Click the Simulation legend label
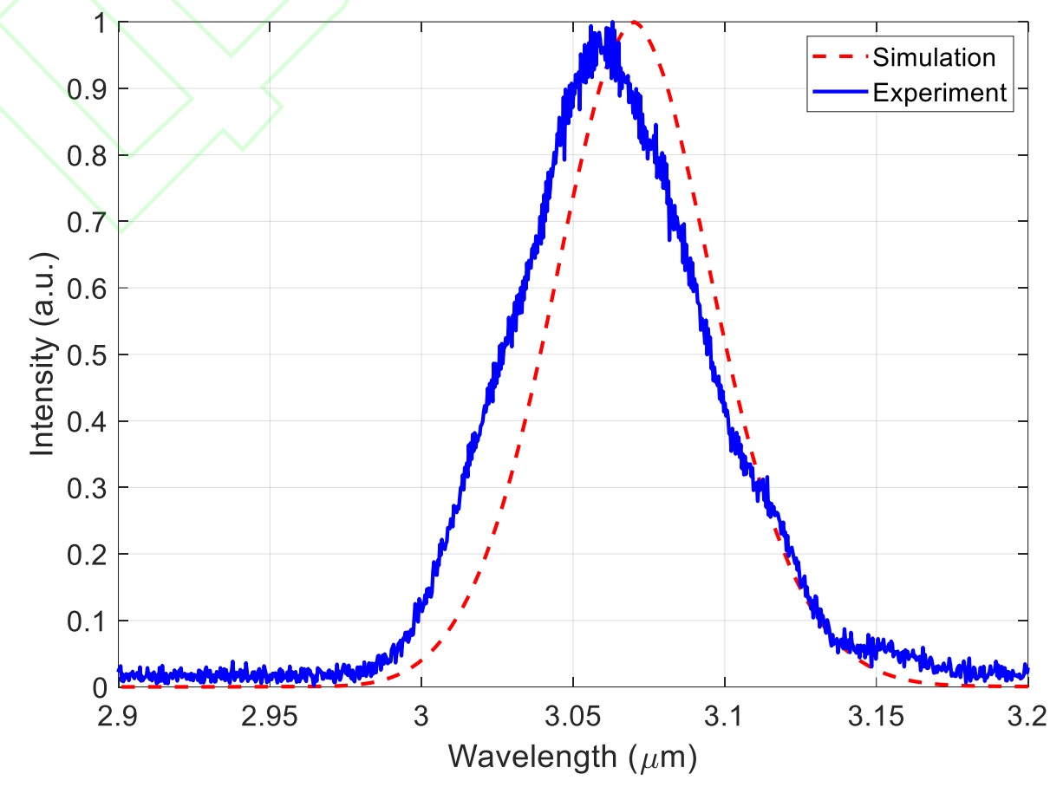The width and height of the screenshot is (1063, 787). [934, 58]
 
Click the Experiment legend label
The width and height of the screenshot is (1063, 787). [940, 93]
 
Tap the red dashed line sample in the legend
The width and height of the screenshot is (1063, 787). [838, 58]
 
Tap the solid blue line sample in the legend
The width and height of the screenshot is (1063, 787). [838, 93]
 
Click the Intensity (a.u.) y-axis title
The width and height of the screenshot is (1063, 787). [45, 355]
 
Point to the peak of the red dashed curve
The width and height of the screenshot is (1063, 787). [634, 22]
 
